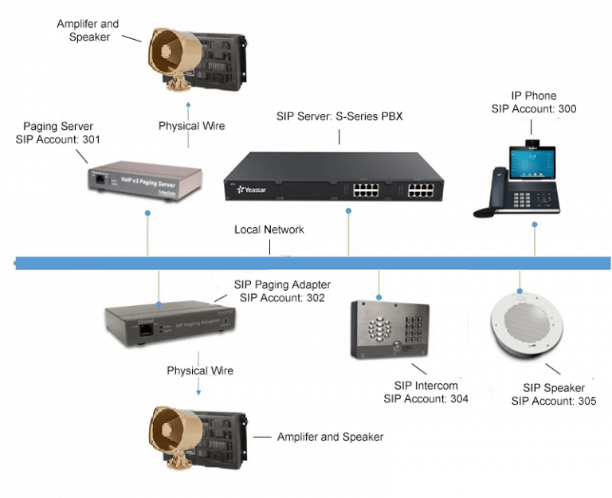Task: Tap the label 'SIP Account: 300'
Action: (x=533, y=109)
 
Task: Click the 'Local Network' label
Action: (x=269, y=229)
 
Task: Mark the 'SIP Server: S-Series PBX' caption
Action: (x=339, y=116)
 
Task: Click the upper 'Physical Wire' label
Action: (x=191, y=126)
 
